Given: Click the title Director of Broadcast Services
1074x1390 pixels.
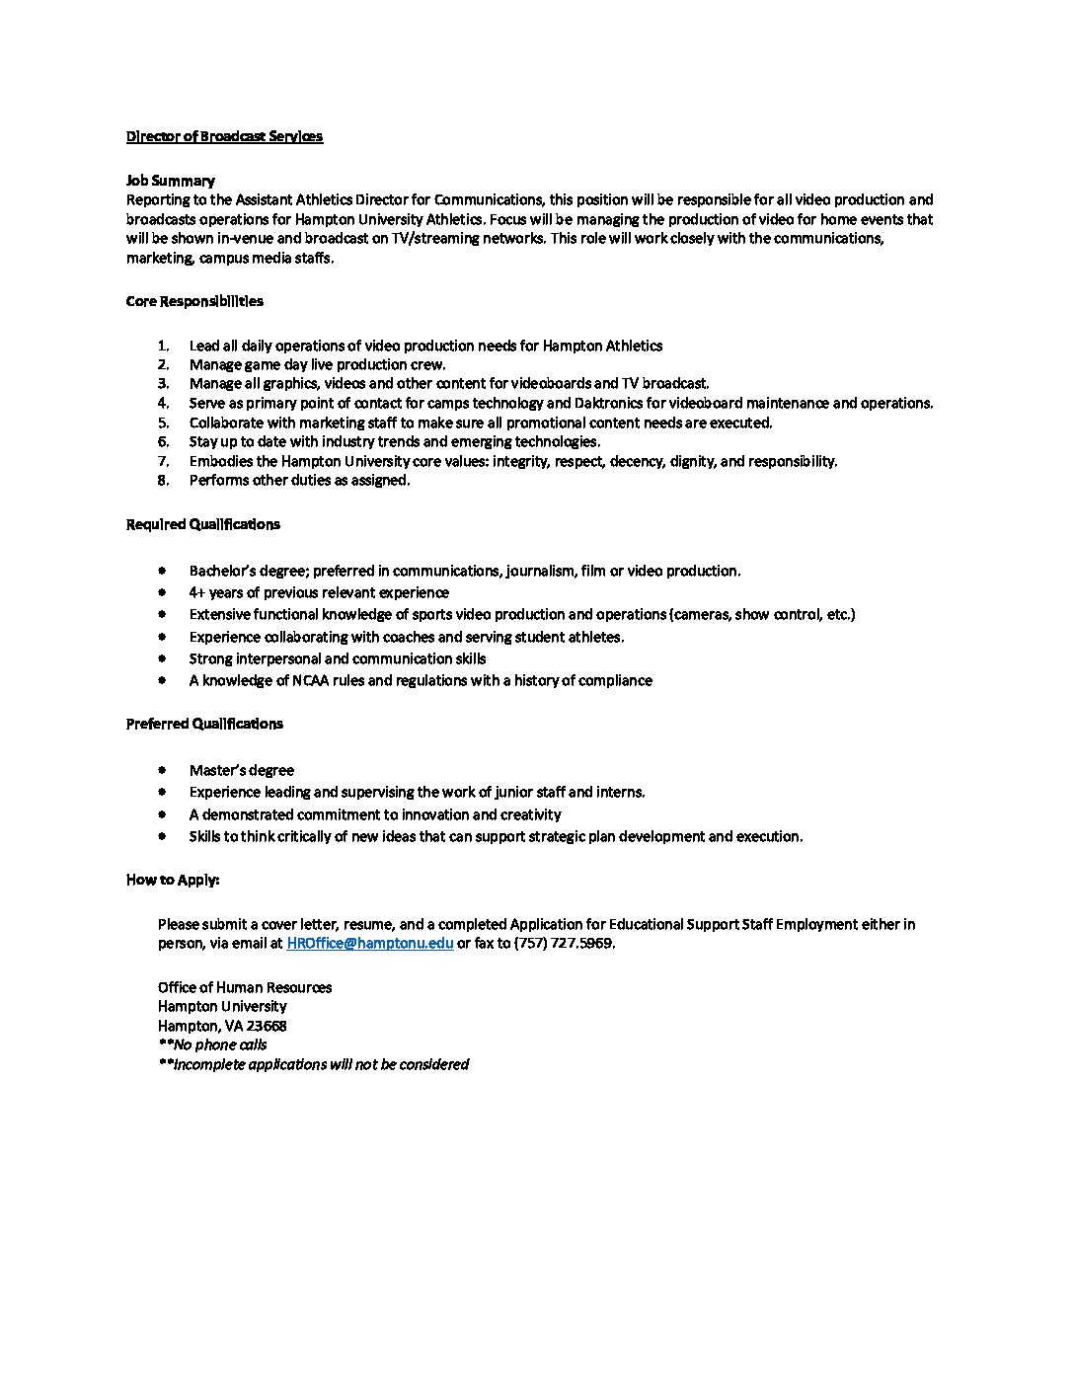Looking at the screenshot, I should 224,136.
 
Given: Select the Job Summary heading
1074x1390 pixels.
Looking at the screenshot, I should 170,181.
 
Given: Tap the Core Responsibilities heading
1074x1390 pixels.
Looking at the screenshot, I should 194,301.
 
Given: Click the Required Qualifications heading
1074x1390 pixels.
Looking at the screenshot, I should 202,524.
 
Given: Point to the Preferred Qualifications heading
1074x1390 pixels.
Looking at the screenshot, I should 204,724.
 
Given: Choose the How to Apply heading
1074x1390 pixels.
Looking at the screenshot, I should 173,880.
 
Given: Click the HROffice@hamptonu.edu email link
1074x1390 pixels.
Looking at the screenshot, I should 370,943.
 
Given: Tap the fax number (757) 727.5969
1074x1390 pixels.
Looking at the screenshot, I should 564,943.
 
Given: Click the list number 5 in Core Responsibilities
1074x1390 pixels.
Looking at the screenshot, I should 163,423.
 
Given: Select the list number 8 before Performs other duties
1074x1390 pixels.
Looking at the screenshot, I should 163,481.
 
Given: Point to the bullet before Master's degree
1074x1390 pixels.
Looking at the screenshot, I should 162,770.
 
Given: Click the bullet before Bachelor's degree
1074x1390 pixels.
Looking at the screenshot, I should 162,571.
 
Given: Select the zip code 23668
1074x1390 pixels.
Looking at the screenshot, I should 267,1026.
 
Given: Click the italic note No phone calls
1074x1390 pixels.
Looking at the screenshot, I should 212,1044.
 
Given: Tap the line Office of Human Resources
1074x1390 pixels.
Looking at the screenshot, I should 245,987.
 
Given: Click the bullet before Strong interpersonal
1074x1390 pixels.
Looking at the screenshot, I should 162,658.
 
